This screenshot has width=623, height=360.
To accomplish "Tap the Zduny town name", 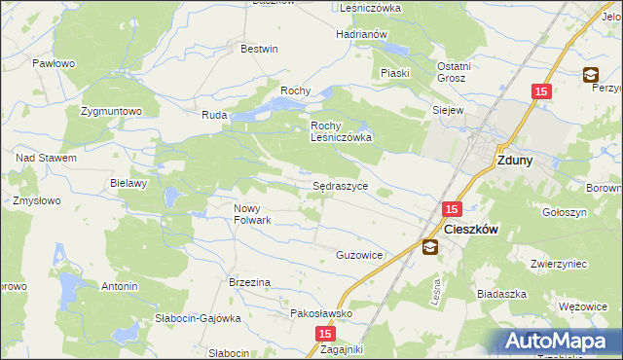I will (x=514, y=162).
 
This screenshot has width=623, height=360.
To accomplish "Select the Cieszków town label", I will (x=471, y=230).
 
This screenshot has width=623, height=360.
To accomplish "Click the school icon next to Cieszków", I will (x=429, y=248).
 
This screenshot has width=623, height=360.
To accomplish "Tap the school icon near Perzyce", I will (x=591, y=74).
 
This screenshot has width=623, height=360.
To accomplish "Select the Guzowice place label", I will (x=359, y=254).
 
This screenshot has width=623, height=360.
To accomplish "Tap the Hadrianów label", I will (x=362, y=34).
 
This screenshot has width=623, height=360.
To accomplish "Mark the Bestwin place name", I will (x=259, y=49).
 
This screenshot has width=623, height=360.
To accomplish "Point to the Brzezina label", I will (x=249, y=281).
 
